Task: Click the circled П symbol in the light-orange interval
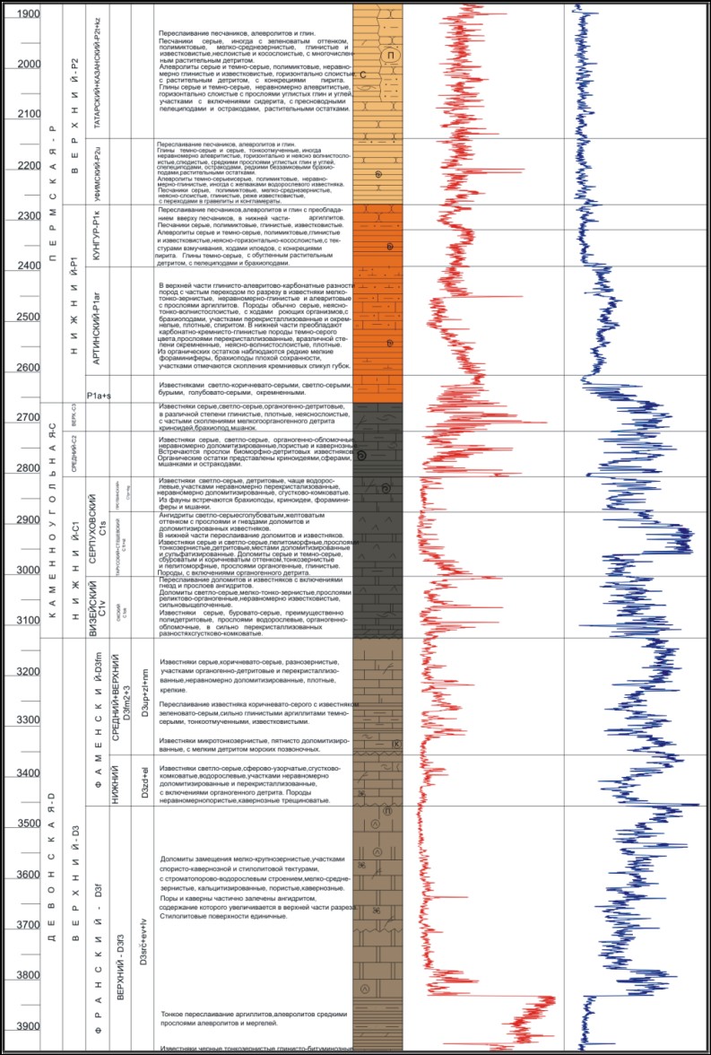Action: pyautogui.click(x=391, y=57)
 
